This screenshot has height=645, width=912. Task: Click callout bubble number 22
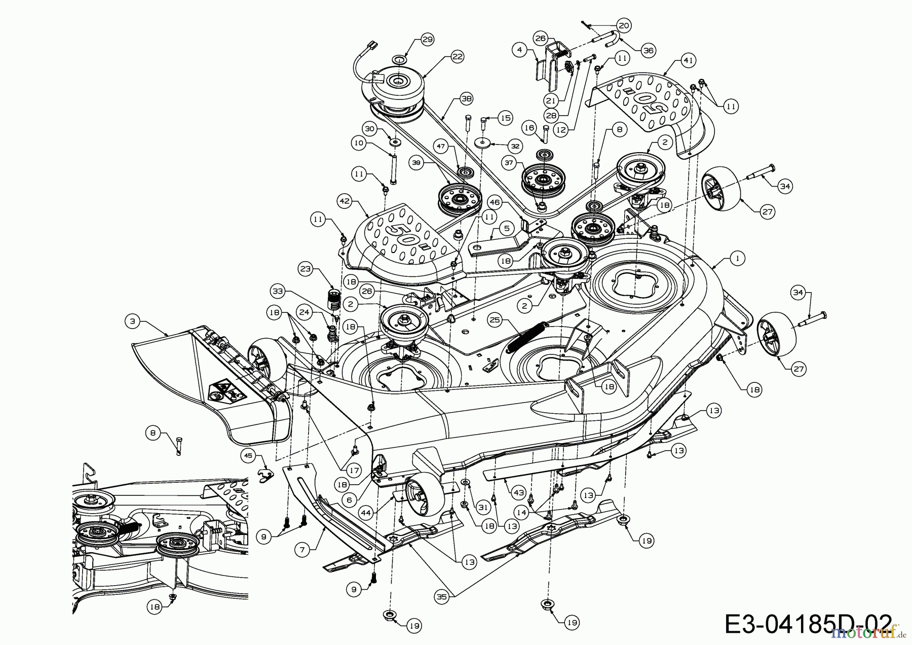point(458,57)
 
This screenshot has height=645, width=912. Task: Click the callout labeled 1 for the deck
point(737,258)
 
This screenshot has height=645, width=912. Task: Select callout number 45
point(248,455)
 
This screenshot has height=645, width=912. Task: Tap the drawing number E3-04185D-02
point(808,623)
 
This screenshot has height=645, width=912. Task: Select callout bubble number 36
point(648,50)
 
